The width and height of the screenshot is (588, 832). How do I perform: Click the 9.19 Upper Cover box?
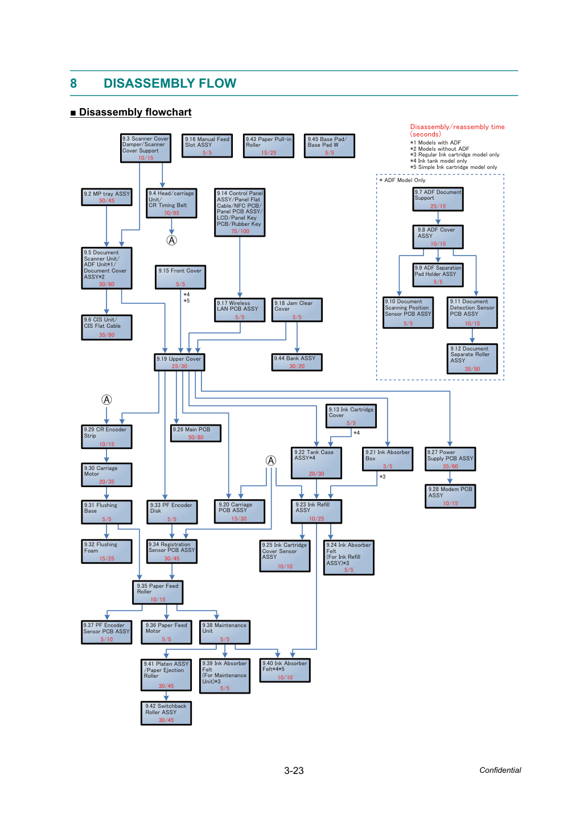tap(179, 362)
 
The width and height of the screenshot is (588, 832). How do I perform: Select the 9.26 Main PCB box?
tap(196, 433)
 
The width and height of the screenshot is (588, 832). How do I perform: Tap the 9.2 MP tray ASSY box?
tap(106, 197)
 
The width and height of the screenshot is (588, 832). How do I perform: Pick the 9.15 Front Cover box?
tap(180, 277)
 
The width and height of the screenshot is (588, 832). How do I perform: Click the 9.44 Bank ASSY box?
tap(297, 362)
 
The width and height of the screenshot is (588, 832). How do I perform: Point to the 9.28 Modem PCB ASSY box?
tap(450, 496)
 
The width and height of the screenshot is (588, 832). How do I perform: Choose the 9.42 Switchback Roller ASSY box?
tap(166, 713)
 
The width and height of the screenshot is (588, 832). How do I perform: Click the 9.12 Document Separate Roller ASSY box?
tap(472, 359)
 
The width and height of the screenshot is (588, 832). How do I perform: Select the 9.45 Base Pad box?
tap(330, 146)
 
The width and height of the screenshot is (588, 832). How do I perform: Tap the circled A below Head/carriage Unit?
tap(171, 240)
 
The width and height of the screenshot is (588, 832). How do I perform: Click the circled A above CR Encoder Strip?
tap(106, 399)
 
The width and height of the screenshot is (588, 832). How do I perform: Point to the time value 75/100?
tap(240, 231)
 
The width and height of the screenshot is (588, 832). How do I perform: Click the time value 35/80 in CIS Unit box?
tap(106, 335)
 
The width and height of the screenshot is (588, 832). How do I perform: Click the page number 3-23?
tap(294, 771)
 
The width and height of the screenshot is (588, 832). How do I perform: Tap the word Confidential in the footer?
tap(500, 770)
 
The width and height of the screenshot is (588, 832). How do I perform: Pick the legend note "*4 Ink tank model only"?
tap(438, 161)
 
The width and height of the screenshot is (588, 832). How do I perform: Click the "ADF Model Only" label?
tap(402, 180)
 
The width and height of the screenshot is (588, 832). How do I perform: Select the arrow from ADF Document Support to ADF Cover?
tap(438, 218)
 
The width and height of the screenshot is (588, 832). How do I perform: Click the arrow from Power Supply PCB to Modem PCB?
tap(450, 477)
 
